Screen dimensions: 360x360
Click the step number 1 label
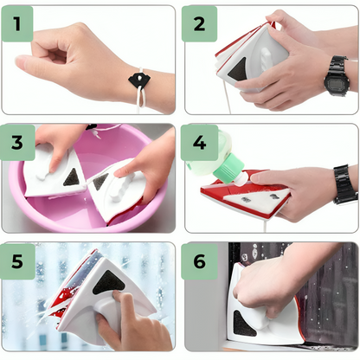[17, 23]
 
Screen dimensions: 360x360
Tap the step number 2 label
[199, 24]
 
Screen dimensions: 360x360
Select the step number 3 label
[17, 143]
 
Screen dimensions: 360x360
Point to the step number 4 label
[199, 143]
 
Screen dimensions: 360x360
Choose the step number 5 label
[17, 261]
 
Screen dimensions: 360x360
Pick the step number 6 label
[199, 261]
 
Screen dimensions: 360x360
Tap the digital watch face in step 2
[336, 81]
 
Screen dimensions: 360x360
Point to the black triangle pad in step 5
[109, 284]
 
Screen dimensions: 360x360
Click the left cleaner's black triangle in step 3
[72, 177]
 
